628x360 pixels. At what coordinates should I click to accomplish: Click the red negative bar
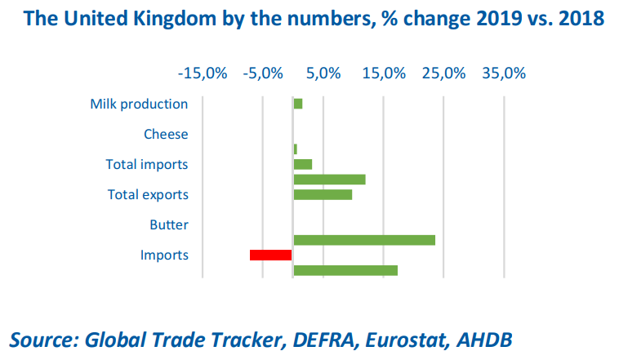point(271,256)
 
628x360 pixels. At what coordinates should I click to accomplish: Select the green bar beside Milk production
point(298,104)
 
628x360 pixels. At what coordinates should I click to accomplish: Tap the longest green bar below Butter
point(364,240)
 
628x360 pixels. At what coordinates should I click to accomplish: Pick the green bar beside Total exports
point(323,194)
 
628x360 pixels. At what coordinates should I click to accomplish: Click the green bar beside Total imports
point(303,164)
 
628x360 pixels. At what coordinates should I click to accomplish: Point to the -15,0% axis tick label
point(202,73)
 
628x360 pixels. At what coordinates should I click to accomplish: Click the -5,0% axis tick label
point(262,73)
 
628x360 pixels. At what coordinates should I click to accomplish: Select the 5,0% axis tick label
point(323,73)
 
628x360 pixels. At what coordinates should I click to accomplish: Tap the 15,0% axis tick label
point(384,73)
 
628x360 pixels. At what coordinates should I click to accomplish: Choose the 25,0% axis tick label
point(444,73)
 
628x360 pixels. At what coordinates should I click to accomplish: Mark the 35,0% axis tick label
point(504,73)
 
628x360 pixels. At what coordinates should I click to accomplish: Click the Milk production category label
point(139,104)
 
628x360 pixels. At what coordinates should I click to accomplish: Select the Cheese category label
point(166,134)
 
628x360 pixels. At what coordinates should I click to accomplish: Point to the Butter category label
point(169,224)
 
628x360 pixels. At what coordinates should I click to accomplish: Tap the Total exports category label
point(148,194)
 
